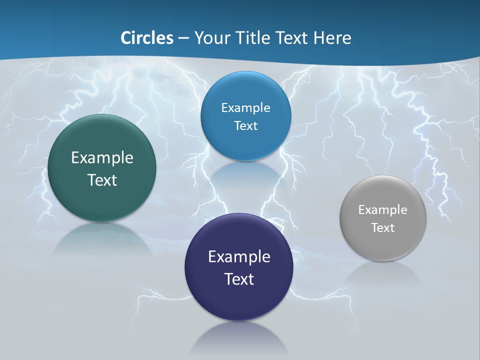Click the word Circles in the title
tap(146, 38)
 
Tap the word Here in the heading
tap(332, 38)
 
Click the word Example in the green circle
tap(102, 158)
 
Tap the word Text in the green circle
tap(102, 180)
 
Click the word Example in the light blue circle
tap(245, 108)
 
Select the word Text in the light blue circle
tap(245, 125)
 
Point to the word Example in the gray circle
tap(382, 210)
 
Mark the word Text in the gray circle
tap(382, 228)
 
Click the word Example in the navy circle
tap(239, 257)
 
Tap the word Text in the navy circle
tap(239, 279)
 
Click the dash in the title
tap(183, 38)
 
